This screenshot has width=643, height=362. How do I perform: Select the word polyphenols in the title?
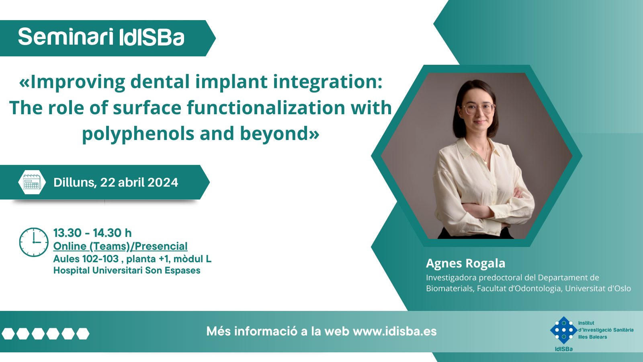click(138, 134)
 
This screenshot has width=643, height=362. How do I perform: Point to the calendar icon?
click(32, 182)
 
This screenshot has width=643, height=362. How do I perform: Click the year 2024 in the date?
click(163, 183)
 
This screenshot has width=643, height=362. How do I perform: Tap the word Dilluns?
click(75, 183)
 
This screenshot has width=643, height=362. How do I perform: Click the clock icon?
click(34, 242)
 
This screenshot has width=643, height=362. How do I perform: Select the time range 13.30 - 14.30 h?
click(92, 233)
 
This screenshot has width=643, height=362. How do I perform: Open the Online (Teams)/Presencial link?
click(120, 246)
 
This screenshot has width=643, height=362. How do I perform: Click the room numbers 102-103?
click(100, 259)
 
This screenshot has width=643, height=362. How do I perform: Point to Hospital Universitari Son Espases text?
click(127, 270)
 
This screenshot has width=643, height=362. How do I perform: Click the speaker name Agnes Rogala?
click(466, 263)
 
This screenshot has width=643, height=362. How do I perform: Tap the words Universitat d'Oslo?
click(598, 288)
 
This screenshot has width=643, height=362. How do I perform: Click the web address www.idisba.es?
click(395, 331)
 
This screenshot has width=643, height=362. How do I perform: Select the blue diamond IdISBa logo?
click(564, 330)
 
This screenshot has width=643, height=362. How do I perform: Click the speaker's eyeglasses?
click(477, 109)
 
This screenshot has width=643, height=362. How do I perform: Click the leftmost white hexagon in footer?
click(8, 333)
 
